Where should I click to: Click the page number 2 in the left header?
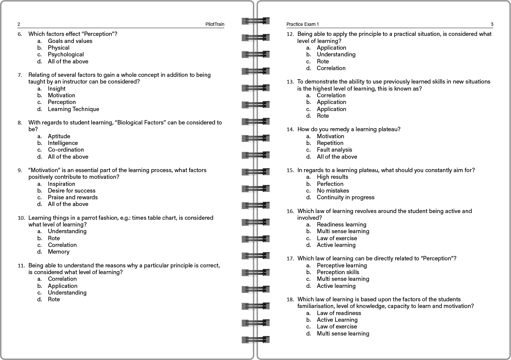click(x=19, y=24)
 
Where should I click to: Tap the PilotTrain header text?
click(x=215, y=24)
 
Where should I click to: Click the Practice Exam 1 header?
click(x=303, y=24)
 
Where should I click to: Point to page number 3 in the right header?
click(x=492, y=24)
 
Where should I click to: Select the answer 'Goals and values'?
click(x=70, y=41)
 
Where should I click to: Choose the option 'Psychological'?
click(x=66, y=54)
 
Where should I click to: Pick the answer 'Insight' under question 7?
click(x=56, y=89)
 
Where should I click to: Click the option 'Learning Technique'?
click(x=73, y=109)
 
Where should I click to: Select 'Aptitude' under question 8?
click(x=59, y=136)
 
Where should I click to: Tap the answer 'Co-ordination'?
click(x=66, y=150)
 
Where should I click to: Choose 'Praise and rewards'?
click(x=73, y=197)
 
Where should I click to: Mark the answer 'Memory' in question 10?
click(x=59, y=252)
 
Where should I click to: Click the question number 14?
click(x=290, y=130)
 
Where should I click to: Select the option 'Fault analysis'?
click(x=335, y=150)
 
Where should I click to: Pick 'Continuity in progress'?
click(x=346, y=197)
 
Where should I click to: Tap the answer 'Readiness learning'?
click(x=342, y=224)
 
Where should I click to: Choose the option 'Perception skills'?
click(x=338, y=272)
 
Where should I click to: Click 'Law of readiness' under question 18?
click(x=339, y=313)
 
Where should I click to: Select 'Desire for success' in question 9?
click(x=71, y=191)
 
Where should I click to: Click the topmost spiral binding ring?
click(x=256, y=21)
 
